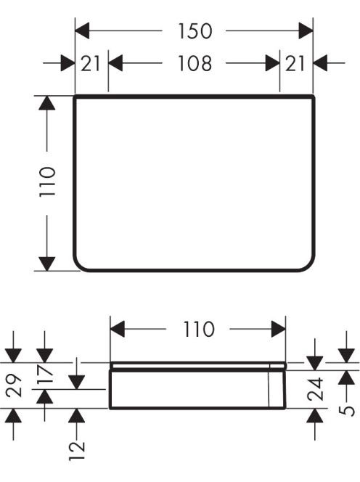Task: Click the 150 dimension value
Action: click(195, 31)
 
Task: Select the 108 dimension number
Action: click(195, 63)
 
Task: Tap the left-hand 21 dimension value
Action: click(91, 63)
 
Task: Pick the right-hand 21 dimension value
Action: click(295, 63)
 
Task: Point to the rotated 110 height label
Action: click(47, 181)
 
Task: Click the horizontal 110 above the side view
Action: click(199, 330)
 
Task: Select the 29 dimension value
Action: click(15, 385)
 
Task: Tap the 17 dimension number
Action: click(45, 375)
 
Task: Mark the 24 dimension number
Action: click(316, 389)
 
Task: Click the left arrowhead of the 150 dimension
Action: click(82, 30)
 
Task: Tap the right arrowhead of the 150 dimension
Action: click(306, 30)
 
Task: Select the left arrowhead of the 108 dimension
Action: click(115, 63)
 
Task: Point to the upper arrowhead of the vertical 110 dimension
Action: click(47, 103)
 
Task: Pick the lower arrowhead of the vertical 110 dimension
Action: click(47, 264)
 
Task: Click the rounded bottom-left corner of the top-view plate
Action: click(78, 266)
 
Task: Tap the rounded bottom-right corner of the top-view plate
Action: click(310, 266)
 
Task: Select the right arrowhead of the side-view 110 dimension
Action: click(279, 330)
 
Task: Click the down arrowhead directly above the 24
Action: click(315, 364)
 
